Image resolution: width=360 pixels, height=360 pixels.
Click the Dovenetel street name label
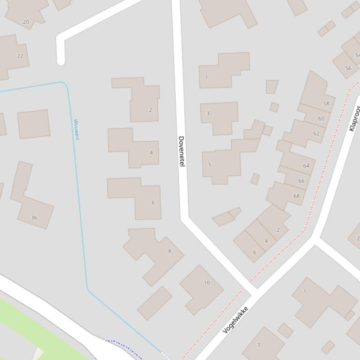click(182, 151)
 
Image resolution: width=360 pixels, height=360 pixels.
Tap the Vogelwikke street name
click(235, 319)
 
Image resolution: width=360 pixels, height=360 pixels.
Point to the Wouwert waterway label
click(76, 129)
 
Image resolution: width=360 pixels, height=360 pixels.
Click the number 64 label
click(306, 166)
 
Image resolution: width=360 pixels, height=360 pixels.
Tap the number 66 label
click(301, 181)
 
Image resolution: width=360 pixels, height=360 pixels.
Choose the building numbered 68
click(296, 196)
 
